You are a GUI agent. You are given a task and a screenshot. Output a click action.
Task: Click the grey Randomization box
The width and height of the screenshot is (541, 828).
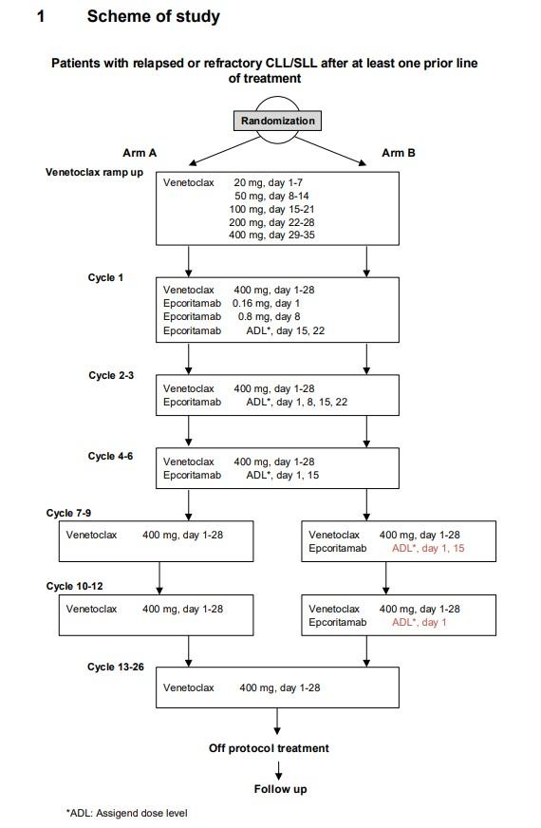click(x=277, y=121)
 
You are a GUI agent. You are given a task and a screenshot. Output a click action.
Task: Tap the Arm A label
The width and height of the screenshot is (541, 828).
click(x=140, y=153)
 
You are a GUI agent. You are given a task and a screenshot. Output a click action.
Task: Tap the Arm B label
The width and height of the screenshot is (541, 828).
click(x=399, y=153)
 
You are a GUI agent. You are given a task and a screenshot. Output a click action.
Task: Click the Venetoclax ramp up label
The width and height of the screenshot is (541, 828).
click(x=95, y=173)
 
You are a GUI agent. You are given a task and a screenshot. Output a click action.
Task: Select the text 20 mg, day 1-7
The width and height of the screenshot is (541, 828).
click(x=268, y=182)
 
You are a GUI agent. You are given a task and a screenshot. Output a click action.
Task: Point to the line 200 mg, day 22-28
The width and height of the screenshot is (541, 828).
click(x=271, y=222)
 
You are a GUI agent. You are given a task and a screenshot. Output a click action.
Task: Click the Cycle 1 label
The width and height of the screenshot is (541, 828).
click(x=105, y=278)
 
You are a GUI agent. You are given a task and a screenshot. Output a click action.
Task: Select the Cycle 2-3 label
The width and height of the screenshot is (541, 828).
click(x=111, y=375)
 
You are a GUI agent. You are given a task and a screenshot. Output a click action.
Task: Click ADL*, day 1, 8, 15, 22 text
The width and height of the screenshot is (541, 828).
click(x=297, y=403)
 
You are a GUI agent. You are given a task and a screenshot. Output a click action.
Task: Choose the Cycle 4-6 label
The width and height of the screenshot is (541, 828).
click(x=111, y=456)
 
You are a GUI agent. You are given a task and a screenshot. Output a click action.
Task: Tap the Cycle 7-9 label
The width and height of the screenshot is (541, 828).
click(x=68, y=514)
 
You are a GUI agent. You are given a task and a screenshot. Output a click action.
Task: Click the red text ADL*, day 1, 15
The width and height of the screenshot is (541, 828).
click(x=428, y=549)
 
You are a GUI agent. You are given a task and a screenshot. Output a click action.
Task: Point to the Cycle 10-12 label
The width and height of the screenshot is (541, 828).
click(x=74, y=587)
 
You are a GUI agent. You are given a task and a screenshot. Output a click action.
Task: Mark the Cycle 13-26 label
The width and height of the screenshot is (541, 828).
click(x=116, y=668)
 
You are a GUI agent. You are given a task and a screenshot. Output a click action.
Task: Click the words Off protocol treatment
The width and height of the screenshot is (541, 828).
click(x=269, y=748)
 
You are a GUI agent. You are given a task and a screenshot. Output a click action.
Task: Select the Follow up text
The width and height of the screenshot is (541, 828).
click(x=280, y=789)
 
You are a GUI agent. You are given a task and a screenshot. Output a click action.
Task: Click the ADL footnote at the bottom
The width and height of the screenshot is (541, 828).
click(x=126, y=813)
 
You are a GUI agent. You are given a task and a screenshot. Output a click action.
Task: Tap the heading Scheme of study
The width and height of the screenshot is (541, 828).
click(x=154, y=16)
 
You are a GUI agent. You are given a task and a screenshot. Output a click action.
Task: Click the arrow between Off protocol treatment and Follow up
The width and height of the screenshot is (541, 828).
click(x=278, y=770)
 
